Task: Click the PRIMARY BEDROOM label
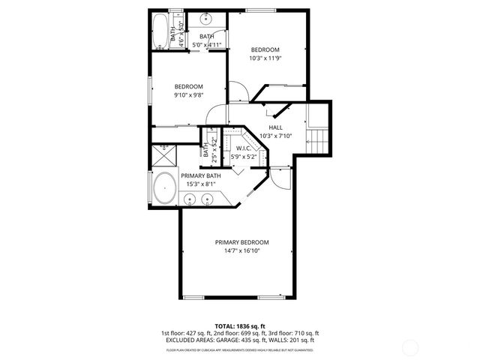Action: pyautogui.click(x=241, y=242)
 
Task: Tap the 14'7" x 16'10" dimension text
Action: pyautogui.click(x=241, y=252)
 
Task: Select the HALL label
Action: pyautogui.click(x=275, y=127)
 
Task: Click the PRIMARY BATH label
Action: pyautogui.click(x=200, y=175)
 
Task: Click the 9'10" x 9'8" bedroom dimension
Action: pyautogui.click(x=189, y=95)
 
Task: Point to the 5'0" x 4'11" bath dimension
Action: pyautogui.click(x=207, y=45)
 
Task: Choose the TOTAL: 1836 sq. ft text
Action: pyautogui.click(x=240, y=326)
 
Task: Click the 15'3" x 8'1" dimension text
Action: pyautogui.click(x=200, y=184)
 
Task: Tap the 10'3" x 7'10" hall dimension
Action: pyautogui.click(x=275, y=136)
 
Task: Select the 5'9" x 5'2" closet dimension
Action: pyautogui.click(x=244, y=156)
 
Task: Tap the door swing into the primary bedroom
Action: pyautogui.click(x=280, y=179)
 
